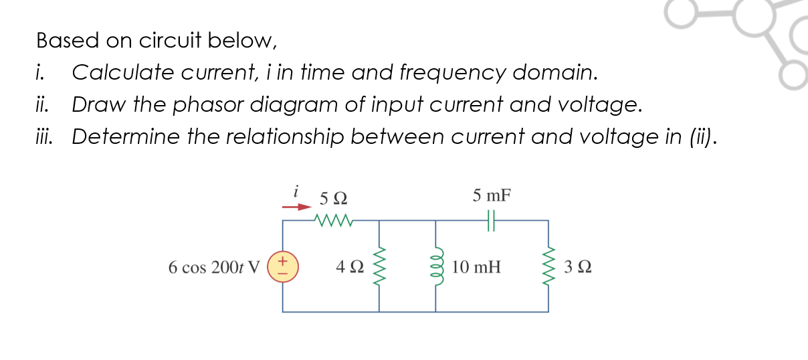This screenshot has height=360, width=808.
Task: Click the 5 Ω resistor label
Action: click(333, 198)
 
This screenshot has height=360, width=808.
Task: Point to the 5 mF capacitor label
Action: click(492, 196)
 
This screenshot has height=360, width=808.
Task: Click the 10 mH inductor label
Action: click(476, 268)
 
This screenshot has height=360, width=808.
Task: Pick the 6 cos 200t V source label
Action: click(213, 268)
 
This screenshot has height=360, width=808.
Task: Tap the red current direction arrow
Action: click(296, 207)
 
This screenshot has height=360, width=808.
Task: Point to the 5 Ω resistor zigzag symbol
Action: click(332, 219)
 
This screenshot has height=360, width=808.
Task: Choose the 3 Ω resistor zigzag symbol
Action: click(549, 266)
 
